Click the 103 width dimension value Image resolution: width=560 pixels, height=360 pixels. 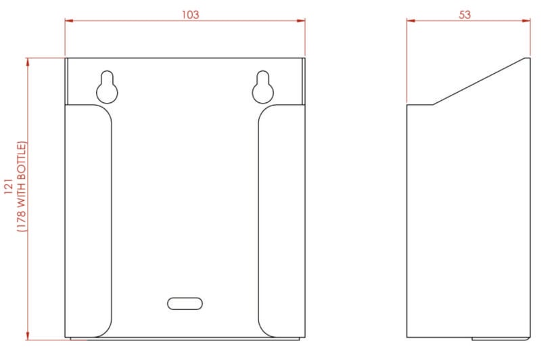(191, 14)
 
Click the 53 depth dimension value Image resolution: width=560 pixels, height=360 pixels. (465, 14)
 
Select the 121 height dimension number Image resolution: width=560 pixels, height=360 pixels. (9, 187)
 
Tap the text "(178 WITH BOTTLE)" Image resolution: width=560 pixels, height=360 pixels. (22, 187)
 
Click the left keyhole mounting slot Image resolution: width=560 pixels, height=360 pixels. (107, 86)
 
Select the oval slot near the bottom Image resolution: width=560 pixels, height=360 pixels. (185, 302)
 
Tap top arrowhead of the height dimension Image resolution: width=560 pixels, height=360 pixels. (28, 62)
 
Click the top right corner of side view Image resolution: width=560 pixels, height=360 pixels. (529, 58)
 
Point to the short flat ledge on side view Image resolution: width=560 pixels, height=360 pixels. (419, 104)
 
